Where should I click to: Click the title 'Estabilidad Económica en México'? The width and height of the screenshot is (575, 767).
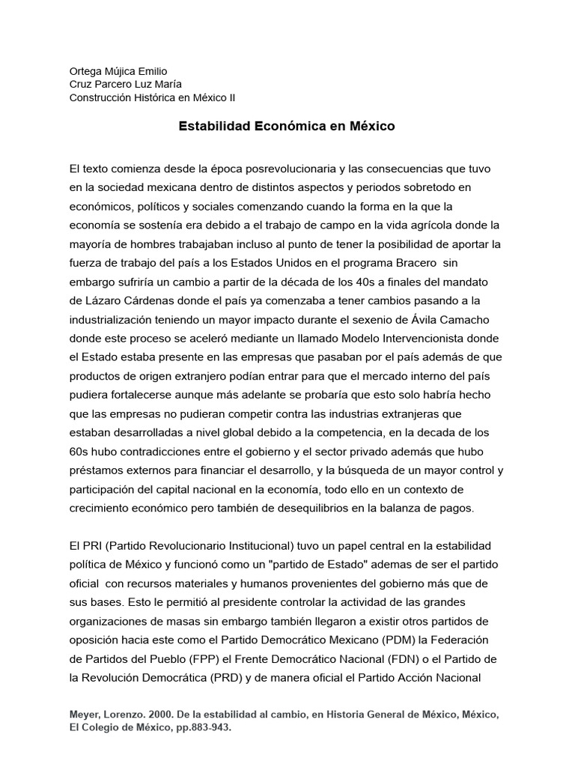(287, 127)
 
